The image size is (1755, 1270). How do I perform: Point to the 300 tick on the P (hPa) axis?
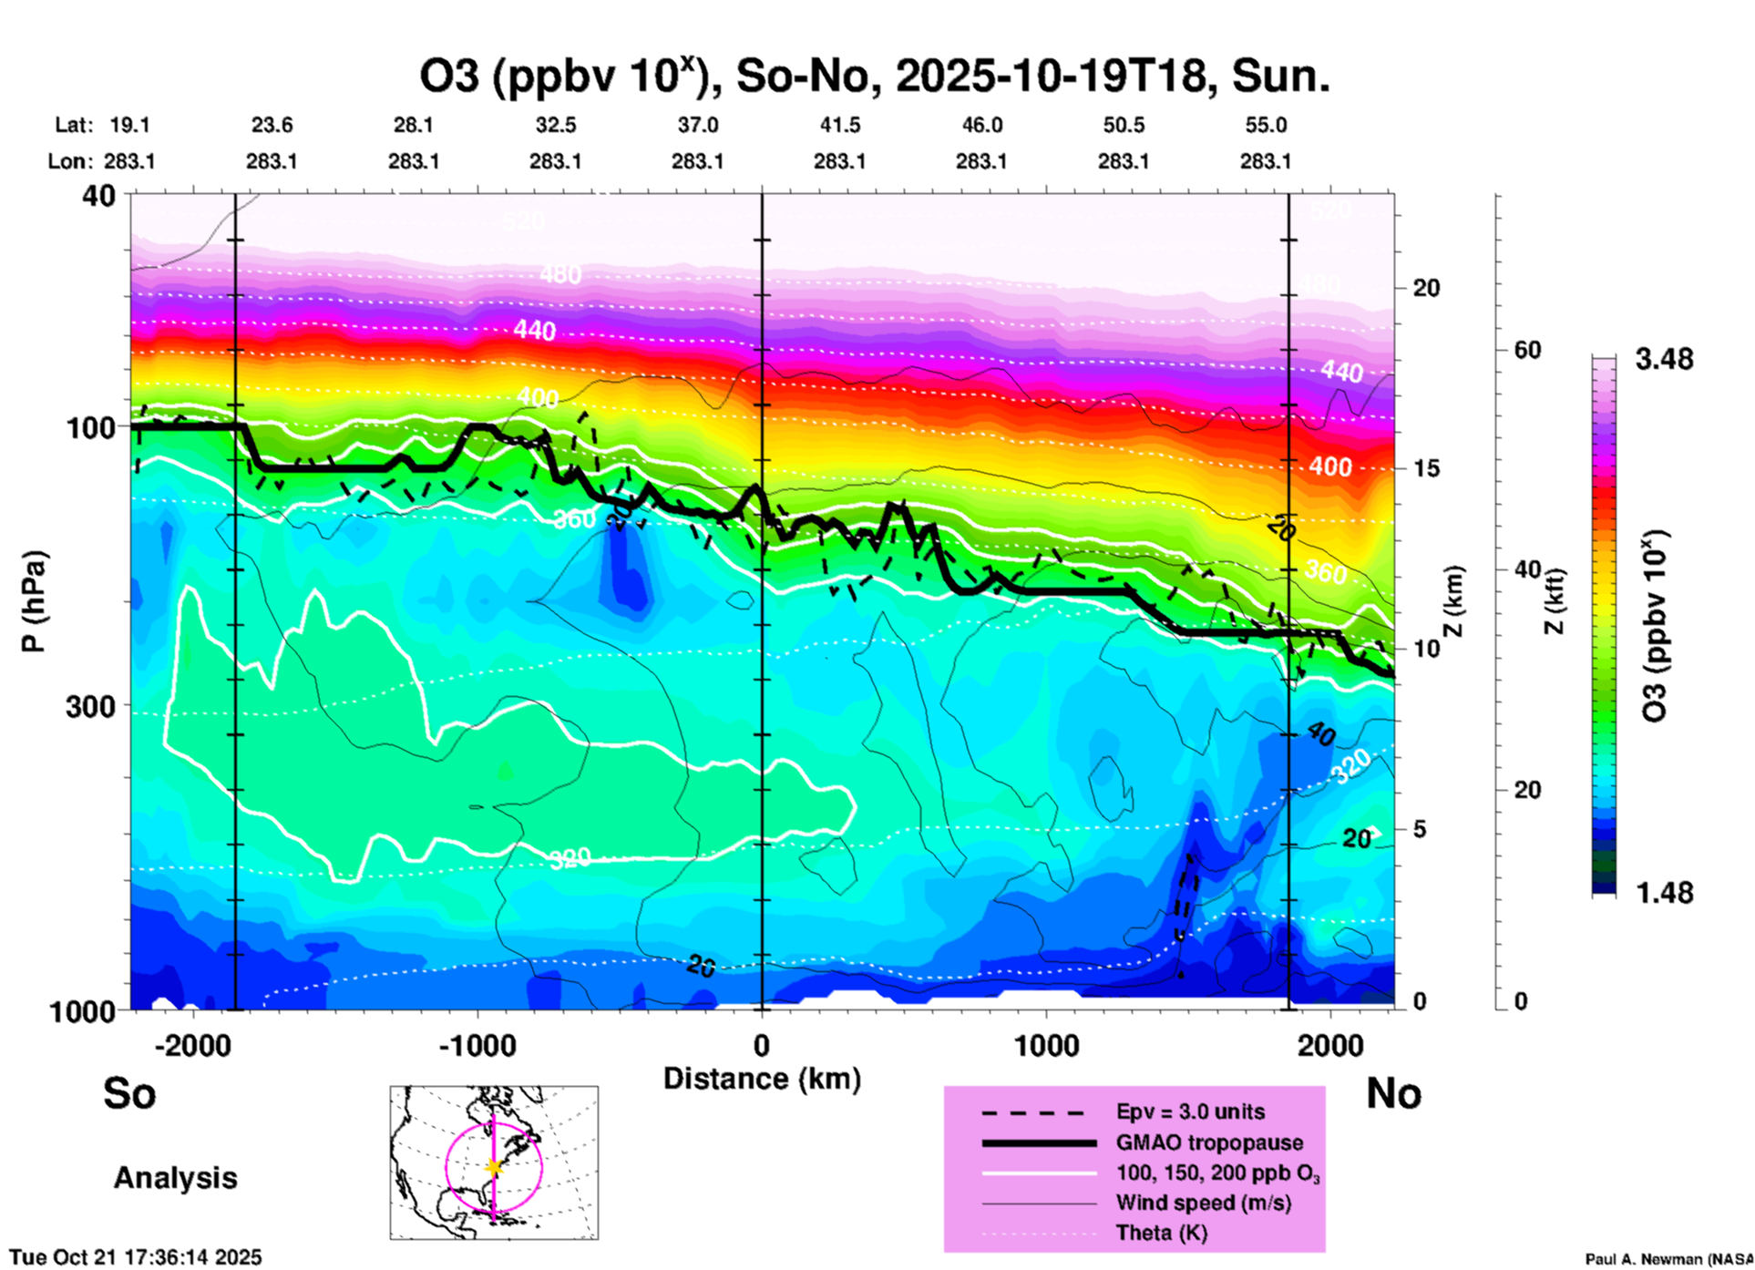point(91,706)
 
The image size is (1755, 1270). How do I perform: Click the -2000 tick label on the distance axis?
point(193,1046)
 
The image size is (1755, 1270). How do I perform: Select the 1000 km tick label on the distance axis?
point(1046,1046)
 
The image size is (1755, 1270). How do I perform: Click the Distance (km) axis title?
point(762,1079)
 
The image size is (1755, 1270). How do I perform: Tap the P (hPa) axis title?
point(35,601)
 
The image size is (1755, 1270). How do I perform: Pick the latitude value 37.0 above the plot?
point(698,125)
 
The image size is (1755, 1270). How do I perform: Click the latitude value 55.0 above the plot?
point(1266,125)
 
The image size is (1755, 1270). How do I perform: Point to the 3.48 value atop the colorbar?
point(1664,360)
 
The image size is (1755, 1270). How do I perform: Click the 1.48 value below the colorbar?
point(1664,893)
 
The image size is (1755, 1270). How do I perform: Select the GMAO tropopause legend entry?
point(1209,1142)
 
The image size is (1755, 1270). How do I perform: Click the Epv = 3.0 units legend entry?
point(1190,1112)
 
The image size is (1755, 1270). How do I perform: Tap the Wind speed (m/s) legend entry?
point(1203,1203)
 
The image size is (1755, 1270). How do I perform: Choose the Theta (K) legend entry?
point(1161,1234)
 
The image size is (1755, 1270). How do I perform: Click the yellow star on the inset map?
point(494,1167)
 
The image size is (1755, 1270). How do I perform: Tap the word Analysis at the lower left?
point(175,1178)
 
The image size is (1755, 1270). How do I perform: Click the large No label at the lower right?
point(1393,1094)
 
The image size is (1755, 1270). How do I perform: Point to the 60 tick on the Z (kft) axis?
point(1527,350)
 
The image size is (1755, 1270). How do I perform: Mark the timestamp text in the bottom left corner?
point(136,1257)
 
